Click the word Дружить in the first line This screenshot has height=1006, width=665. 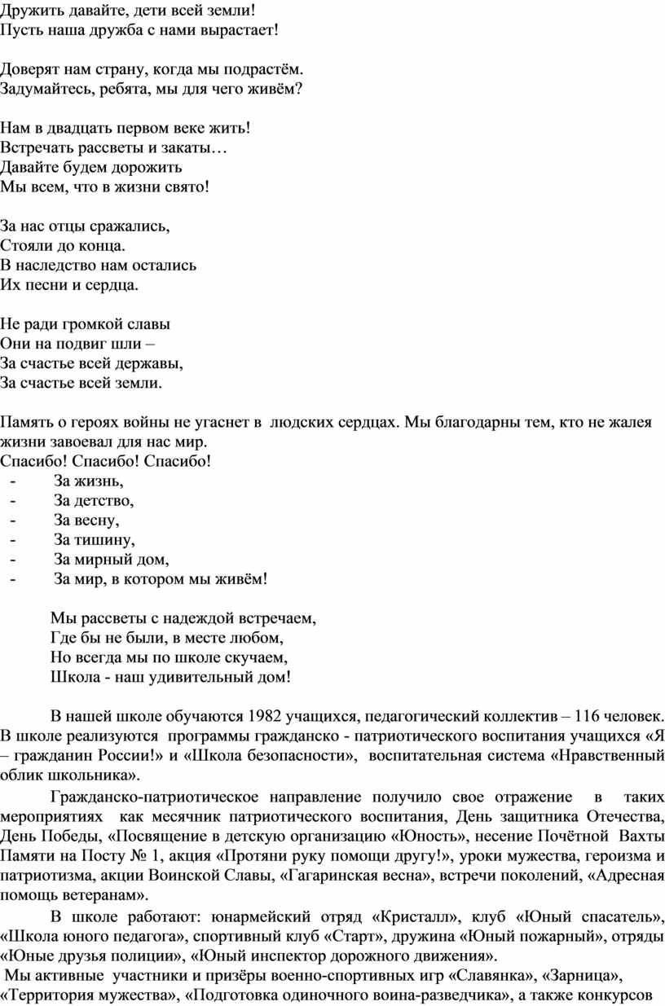click(28, 9)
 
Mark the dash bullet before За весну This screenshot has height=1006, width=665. click(12, 520)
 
